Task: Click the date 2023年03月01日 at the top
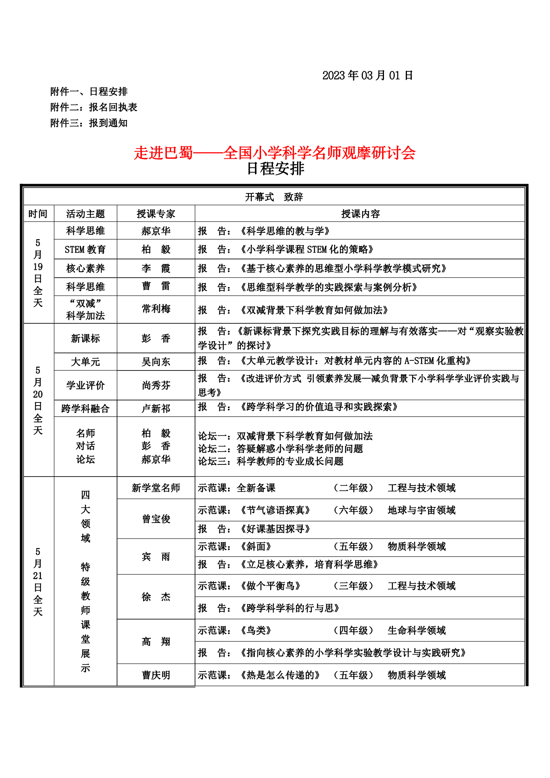[x=367, y=75]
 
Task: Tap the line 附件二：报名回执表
[x=94, y=107]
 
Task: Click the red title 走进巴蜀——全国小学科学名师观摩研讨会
[x=274, y=152]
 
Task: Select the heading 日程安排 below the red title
[x=275, y=169]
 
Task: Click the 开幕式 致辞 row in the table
[x=274, y=197]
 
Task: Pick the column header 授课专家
[x=156, y=214]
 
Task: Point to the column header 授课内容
[x=360, y=214]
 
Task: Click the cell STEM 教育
[x=85, y=249]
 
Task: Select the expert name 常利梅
[x=156, y=309]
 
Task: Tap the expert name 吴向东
[x=156, y=362]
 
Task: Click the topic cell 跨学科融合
[x=85, y=409]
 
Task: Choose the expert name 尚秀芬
[x=156, y=385]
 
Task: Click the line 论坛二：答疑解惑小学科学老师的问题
[x=280, y=449]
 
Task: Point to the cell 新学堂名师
[x=156, y=488]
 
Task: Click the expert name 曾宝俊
[x=156, y=519]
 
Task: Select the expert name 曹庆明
[x=156, y=675]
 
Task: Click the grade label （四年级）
[x=353, y=630]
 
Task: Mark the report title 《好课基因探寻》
[x=275, y=529]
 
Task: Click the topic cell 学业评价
[x=85, y=385]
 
